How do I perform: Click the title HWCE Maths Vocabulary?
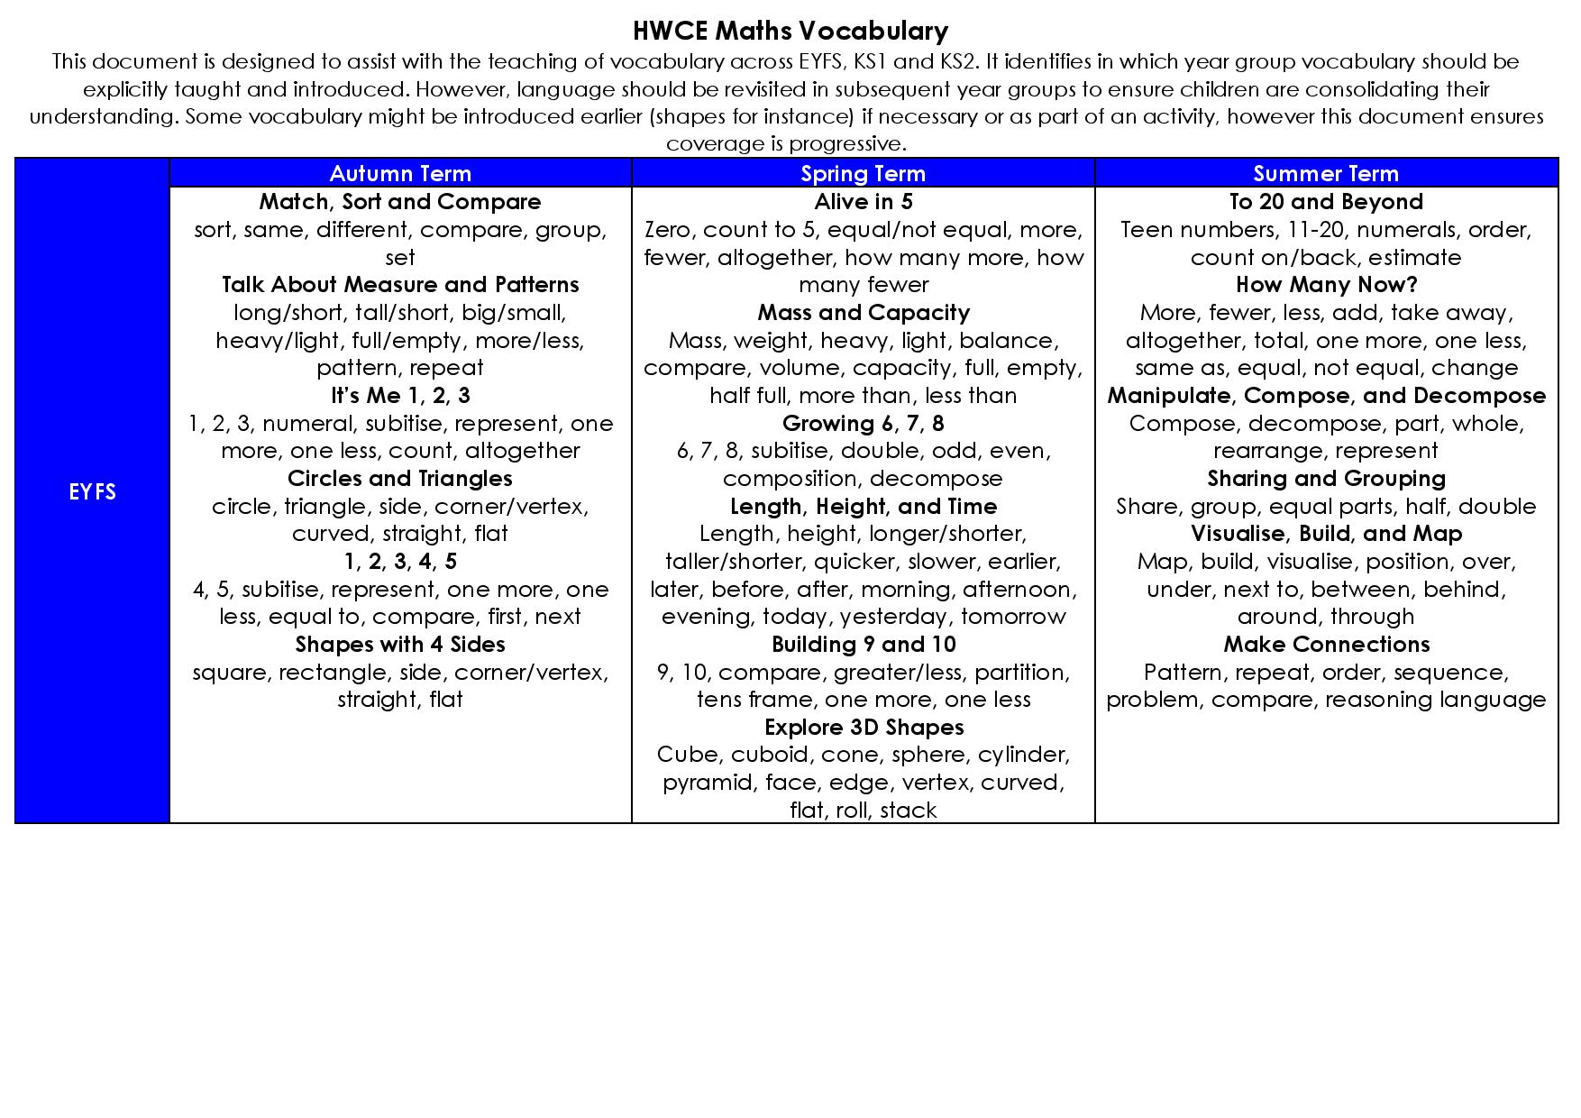click(x=790, y=32)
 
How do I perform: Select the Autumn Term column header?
click(x=400, y=173)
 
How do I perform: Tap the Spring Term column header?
click(x=863, y=173)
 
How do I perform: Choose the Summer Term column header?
click(x=1326, y=173)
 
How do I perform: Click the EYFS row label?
click(x=92, y=491)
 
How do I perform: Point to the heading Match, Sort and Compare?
click(x=400, y=201)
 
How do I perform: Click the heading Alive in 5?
click(x=863, y=201)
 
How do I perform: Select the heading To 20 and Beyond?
click(x=1326, y=201)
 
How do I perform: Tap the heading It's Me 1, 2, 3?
click(x=400, y=395)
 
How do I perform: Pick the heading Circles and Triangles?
click(x=400, y=478)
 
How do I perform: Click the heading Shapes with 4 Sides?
click(x=400, y=644)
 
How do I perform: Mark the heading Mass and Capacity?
click(x=863, y=312)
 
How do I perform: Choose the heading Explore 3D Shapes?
click(x=863, y=727)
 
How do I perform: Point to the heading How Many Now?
click(x=1326, y=284)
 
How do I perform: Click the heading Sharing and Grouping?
click(x=1326, y=478)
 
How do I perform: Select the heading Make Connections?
click(x=1326, y=644)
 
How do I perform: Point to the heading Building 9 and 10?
click(x=863, y=644)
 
